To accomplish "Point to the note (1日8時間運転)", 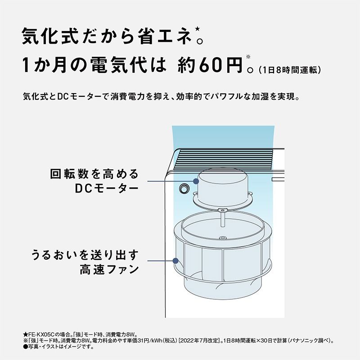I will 290,70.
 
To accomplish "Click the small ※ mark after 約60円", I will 248,57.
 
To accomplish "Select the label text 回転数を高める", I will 94,174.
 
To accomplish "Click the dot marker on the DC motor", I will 196,181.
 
